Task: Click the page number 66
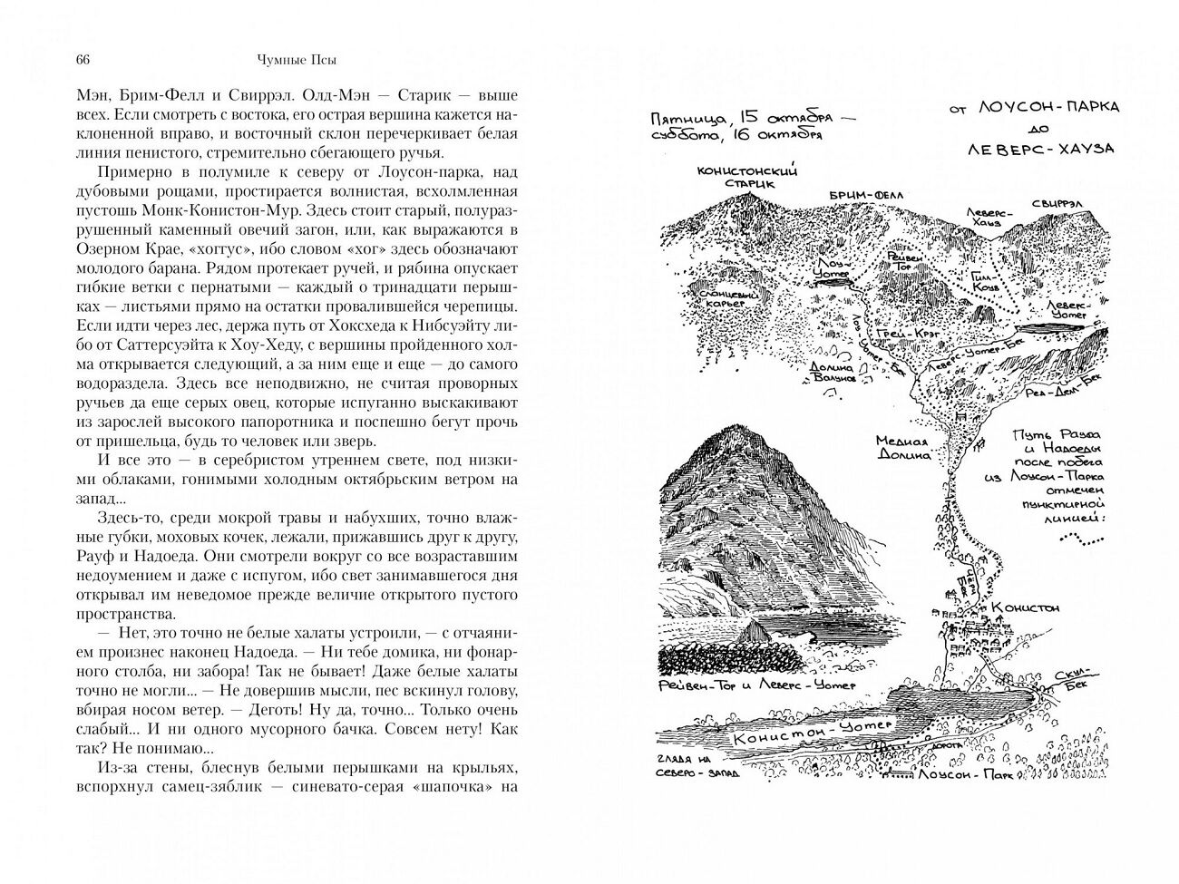[x=82, y=61]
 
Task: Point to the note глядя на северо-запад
[x=697, y=766]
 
